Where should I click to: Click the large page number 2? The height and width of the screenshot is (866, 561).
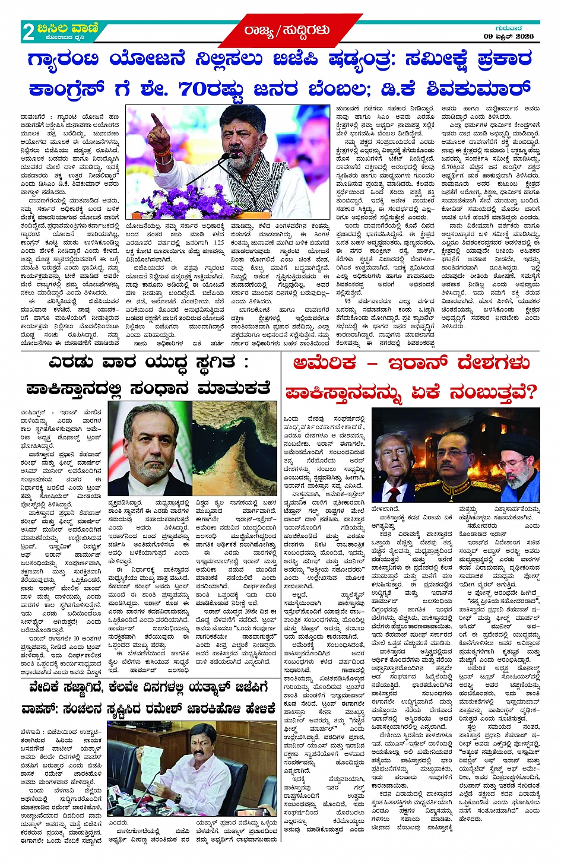pyautogui.click(x=28, y=31)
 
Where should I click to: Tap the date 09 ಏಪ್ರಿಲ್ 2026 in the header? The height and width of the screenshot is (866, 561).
pyautogui.click(x=508, y=37)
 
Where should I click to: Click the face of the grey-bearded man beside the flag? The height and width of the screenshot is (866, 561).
pyautogui.click(x=151, y=442)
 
